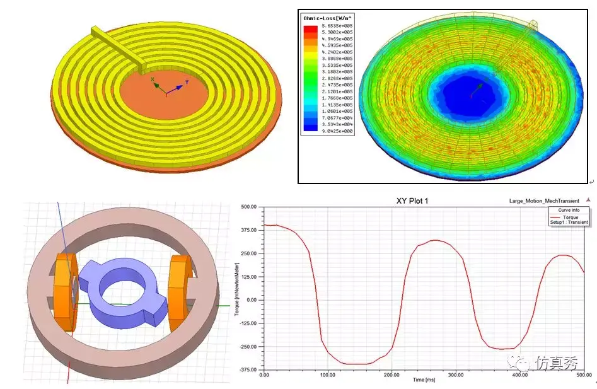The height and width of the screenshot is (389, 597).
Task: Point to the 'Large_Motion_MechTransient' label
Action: [543, 201]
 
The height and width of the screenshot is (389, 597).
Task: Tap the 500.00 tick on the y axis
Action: [250, 207]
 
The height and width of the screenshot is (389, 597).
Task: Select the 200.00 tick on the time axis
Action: [391, 375]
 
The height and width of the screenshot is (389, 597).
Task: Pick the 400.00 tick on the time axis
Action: [519, 375]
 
